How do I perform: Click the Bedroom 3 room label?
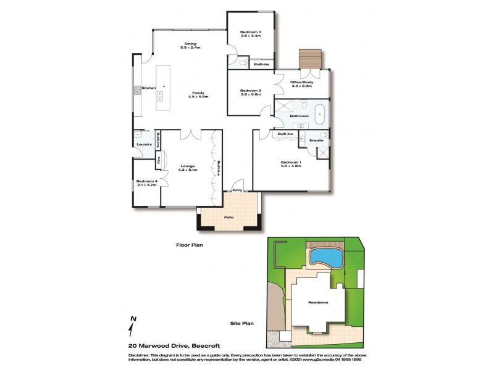click(251, 31)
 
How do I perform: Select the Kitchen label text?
click(149, 88)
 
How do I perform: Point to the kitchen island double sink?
click(160, 96)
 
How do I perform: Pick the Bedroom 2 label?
click(251, 91)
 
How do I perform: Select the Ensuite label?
click(316, 141)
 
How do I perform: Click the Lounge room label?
click(188, 165)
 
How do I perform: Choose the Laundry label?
click(144, 145)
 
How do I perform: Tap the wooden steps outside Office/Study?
click(308, 60)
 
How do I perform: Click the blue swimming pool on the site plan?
click(325, 256)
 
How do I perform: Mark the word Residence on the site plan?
click(318, 302)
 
